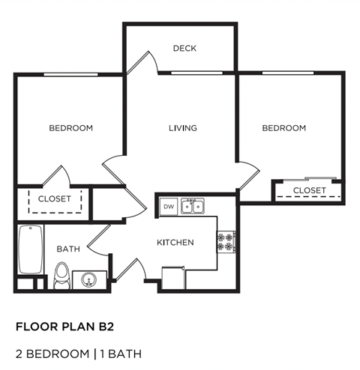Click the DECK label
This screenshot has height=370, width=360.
pyautogui.click(x=184, y=49)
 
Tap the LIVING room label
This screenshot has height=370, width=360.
pyautogui.click(x=182, y=128)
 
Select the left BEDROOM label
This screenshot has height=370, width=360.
pyautogui.click(x=71, y=128)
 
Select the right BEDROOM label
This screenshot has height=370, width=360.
pyautogui.click(x=283, y=128)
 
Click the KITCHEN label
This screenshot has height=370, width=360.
pyautogui.click(x=175, y=243)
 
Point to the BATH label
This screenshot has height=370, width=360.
pyautogui.click(x=67, y=249)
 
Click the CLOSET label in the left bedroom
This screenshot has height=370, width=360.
pyautogui.click(x=54, y=199)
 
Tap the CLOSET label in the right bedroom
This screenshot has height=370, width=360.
pyautogui.click(x=309, y=190)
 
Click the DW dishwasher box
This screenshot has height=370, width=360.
pyautogui.click(x=168, y=205)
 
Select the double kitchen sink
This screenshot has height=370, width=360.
pyautogui.click(x=193, y=205)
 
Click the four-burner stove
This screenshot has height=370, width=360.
pyautogui.click(x=226, y=241)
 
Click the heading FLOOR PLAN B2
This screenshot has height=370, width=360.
pyautogui.click(x=65, y=327)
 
